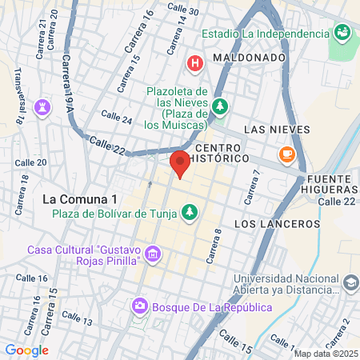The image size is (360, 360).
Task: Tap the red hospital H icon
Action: click(x=194, y=62)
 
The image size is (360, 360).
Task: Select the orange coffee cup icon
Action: click(x=286, y=153)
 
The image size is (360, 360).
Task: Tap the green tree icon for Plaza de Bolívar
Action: click(x=190, y=213)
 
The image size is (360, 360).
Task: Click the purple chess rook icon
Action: click(x=42, y=106)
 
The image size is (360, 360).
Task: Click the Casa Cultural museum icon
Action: click(x=154, y=254)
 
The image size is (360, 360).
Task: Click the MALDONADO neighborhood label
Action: click(x=250, y=58)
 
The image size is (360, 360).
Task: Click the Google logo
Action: click(x=26, y=350)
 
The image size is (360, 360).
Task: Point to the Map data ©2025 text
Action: click(x=326, y=354)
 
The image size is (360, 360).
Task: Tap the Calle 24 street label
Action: click(x=117, y=118)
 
